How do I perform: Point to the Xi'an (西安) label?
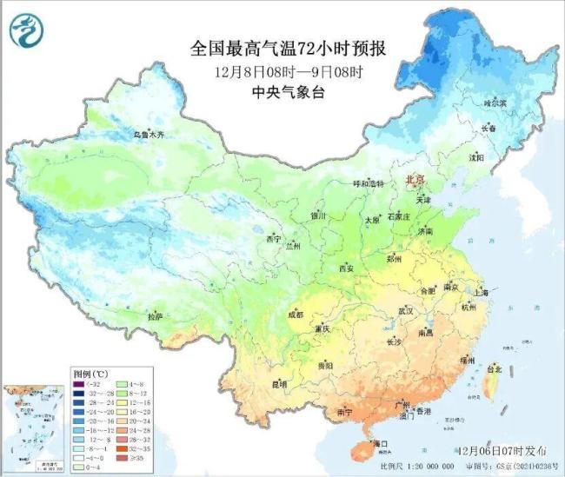click(346, 268)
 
